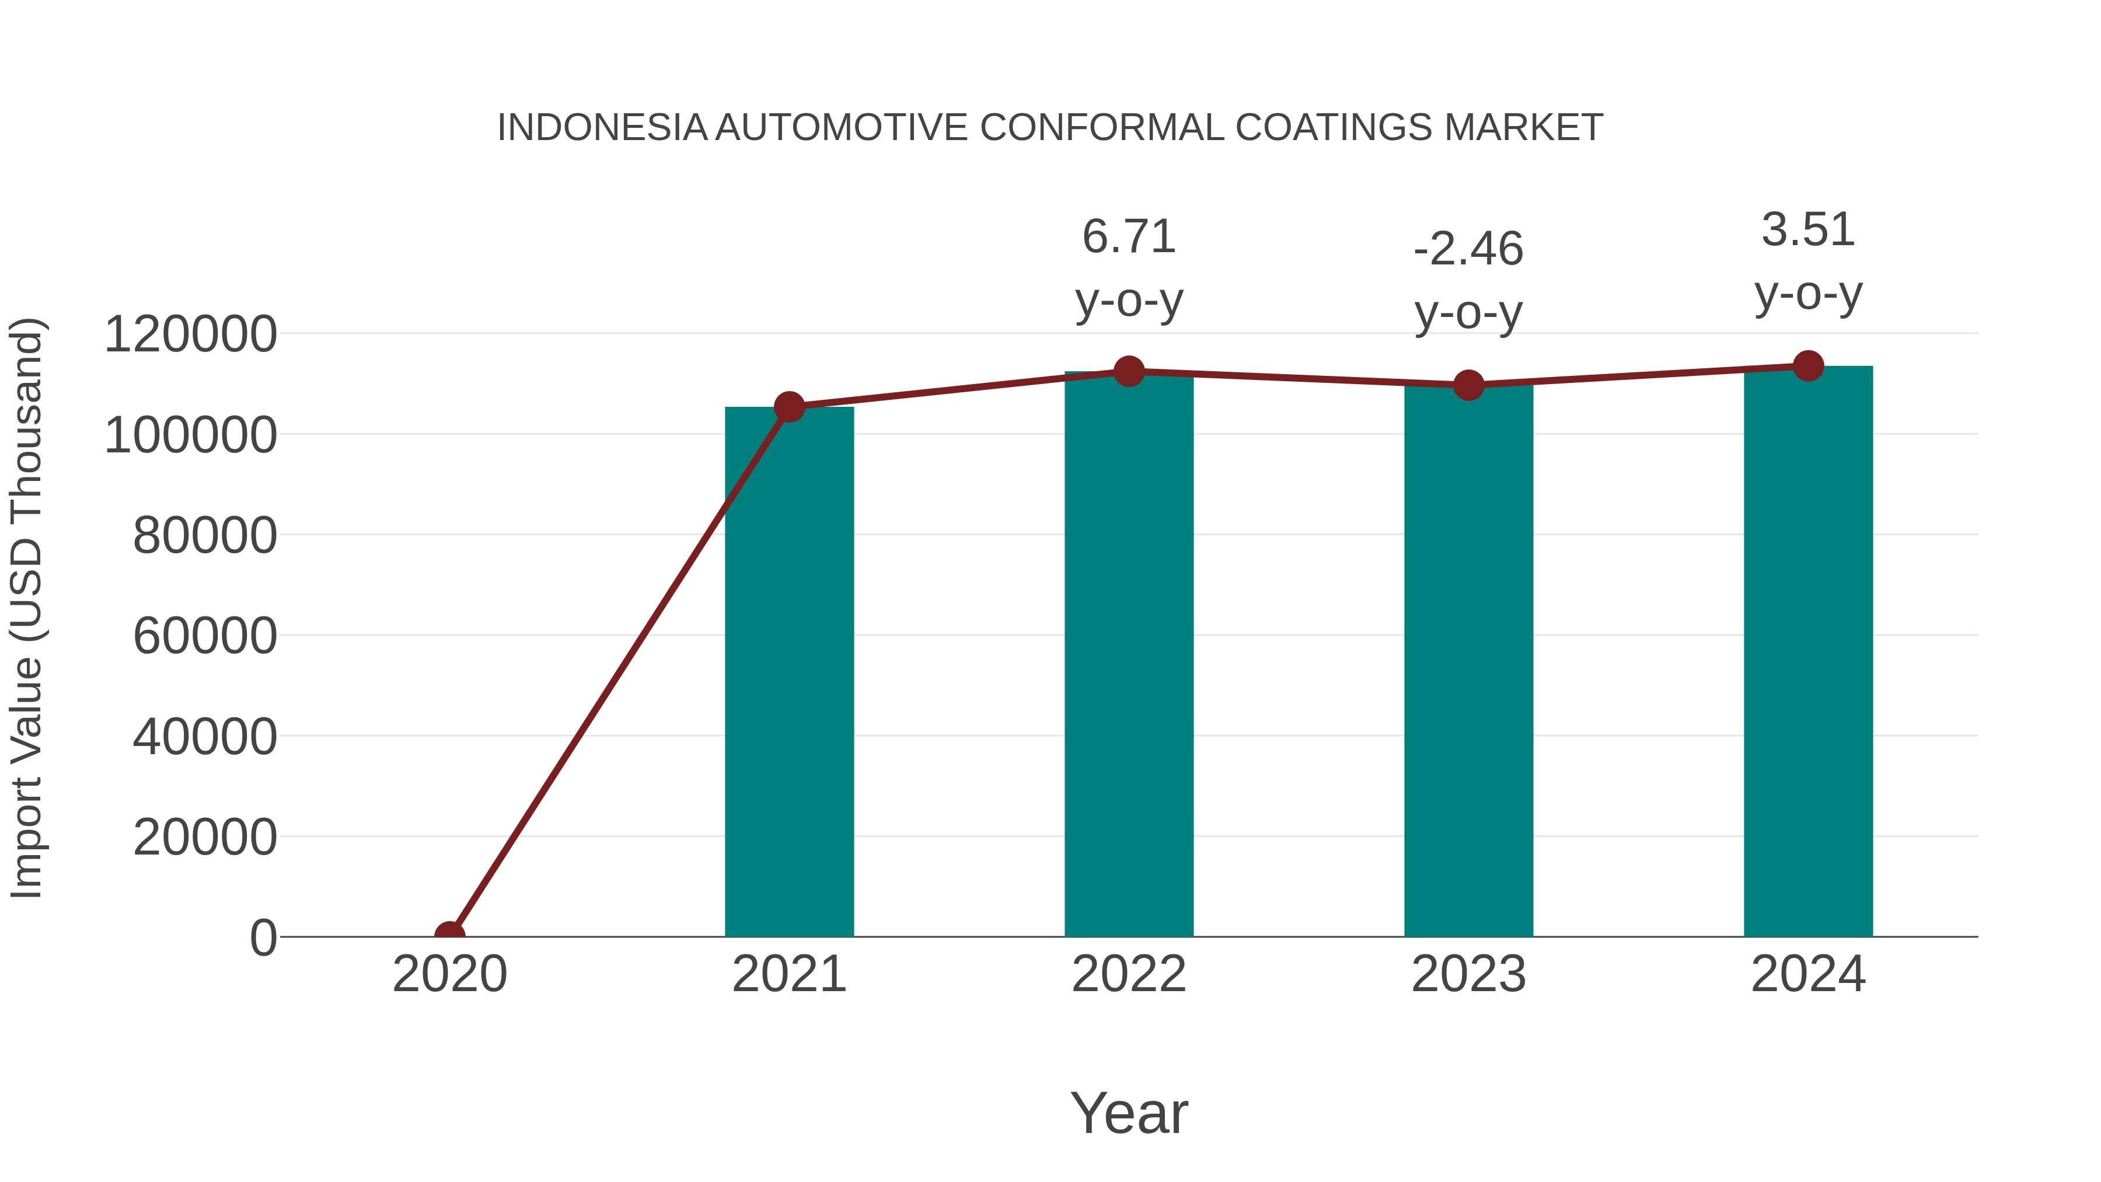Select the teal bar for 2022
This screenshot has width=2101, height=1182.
[1129, 653]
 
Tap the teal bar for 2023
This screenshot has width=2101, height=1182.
[1468, 660]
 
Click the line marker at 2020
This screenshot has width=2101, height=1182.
[449, 936]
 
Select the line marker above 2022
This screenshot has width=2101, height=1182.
[1129, 371]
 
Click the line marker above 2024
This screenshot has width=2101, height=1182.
[1808, 365]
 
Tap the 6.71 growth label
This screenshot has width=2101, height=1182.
[1129, 238]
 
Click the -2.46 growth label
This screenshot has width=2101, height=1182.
[1468, 250]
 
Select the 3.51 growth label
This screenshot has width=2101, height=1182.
[1808, 230]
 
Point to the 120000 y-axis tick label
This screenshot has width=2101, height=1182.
[190, 334]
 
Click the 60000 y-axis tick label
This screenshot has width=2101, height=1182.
[205, 636]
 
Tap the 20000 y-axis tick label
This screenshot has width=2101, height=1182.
[205, 837]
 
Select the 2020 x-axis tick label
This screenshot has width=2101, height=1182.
[449, 974]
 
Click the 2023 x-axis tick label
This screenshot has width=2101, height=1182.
[1468, 974]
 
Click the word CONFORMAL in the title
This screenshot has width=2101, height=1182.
[1101, 128]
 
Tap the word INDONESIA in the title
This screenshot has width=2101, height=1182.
[602, 128]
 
